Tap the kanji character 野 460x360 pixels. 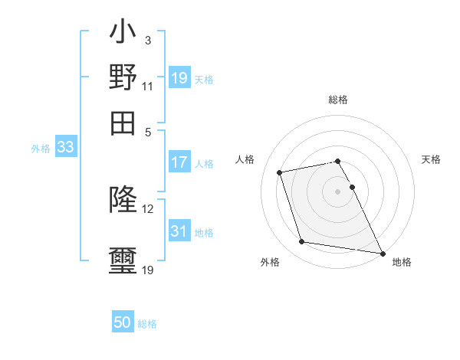pos(123,78)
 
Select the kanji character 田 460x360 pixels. pos(123,123)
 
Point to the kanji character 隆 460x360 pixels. pos(123,200)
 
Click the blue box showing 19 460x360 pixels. pos(179,78)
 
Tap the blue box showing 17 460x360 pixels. pos(179,162)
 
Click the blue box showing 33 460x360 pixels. pos(65,148)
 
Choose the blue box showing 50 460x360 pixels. pos(123,322)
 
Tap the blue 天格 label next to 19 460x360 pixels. pos(204,79)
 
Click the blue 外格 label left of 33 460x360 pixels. pos(40,149)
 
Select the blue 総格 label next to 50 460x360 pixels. pos(147,324)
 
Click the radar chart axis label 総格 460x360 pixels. pos(337,100)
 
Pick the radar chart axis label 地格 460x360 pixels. pos(402,262)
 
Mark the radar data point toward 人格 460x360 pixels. pos(280,172)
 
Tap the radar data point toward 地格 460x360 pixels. pos(381,252)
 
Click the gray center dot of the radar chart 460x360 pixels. pos(337,191)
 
